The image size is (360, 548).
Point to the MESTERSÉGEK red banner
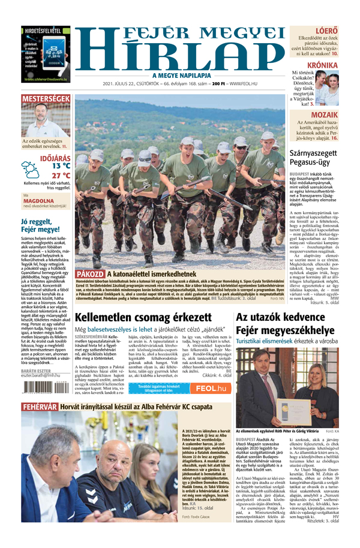tap(46, 98)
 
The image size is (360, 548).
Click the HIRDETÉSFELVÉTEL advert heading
tap(44, 28)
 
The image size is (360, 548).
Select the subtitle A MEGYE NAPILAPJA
tap(180, 75)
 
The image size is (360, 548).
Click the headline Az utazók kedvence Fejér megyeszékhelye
tap(284, 323)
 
